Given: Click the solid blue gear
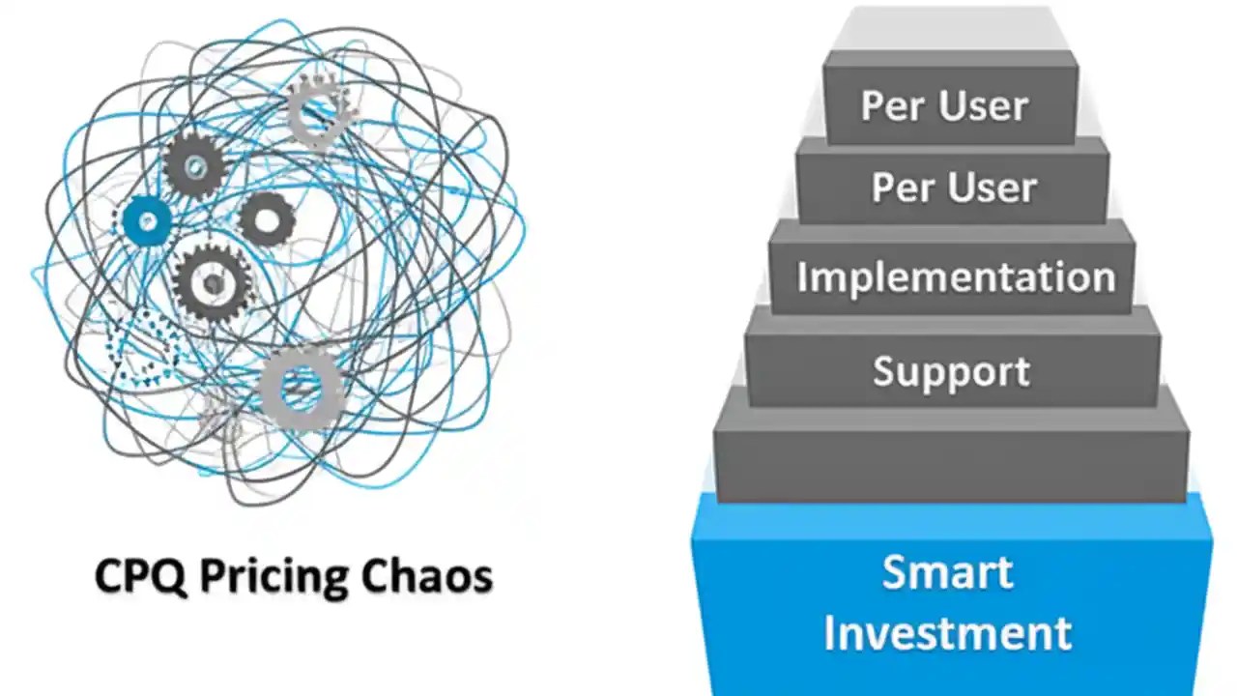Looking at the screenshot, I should [x=147, y=222].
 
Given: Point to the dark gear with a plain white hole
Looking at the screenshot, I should [x=267, y=219].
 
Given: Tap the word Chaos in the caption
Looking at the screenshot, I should [x=426, y=577].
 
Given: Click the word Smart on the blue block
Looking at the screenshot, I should [x=948, y=572].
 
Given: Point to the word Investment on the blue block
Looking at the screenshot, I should [x=947, y=633].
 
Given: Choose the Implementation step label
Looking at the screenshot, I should [x=955, y=277].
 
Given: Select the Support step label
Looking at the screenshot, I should [x=951, y=372].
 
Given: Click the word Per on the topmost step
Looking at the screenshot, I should [x=892, y=106].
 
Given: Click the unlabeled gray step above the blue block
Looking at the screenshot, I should [x=952, y=454].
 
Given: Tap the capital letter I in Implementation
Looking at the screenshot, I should [x=802, y=277].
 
